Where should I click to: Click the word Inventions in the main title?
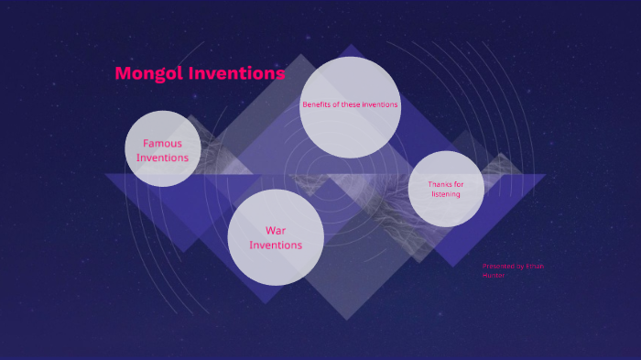[x=236, y=73]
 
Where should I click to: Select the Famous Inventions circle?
[x=163, y=149]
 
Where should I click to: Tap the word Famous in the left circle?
[x=162, y=143]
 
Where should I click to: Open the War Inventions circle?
[x=276, y=237]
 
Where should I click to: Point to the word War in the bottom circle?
[x=276, y=230]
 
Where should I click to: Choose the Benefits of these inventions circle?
[x=350, y=106]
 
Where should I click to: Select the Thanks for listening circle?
[x=445, y=189]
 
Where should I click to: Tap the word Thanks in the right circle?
[x=440, y=184]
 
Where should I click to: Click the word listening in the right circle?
[x=445, y=194]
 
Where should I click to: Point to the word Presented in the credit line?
[x=498, y=267]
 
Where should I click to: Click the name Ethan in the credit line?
[x=534, y=267]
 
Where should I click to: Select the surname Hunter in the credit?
[x=494, y=275]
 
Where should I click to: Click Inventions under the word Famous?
[x=163, y=158]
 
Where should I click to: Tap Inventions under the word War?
[x=276, y=245]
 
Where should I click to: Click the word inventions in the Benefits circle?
[x=380, y=104]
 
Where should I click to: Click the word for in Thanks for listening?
[x=458, y=184]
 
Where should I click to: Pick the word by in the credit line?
[x=519, y=267]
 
